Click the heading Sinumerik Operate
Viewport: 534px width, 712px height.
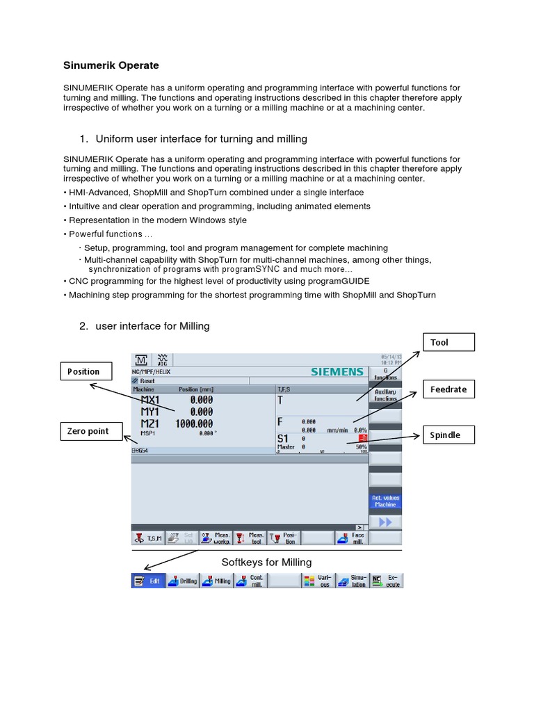pos(111,65)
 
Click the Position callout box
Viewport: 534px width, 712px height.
pos(84,371)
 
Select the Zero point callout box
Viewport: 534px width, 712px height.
pos(88,431)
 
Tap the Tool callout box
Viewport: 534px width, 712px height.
pos(448,342)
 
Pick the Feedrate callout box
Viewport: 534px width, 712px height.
pos(448,389)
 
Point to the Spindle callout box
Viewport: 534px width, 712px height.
pos(448,435)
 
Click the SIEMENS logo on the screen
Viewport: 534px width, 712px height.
pos(337,372)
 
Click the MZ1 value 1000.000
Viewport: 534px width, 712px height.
pos(193,423)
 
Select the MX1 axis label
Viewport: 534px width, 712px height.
pos(149,400)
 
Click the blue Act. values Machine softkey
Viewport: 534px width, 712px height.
pos(385,501)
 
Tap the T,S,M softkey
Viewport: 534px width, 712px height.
pos(147,537)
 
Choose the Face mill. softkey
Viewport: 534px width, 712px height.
pos(351,537)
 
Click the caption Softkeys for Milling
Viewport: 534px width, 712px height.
pos(266,562)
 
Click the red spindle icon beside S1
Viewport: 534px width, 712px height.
pos(362,438)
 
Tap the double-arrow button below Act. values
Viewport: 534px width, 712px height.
pos(385,521)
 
